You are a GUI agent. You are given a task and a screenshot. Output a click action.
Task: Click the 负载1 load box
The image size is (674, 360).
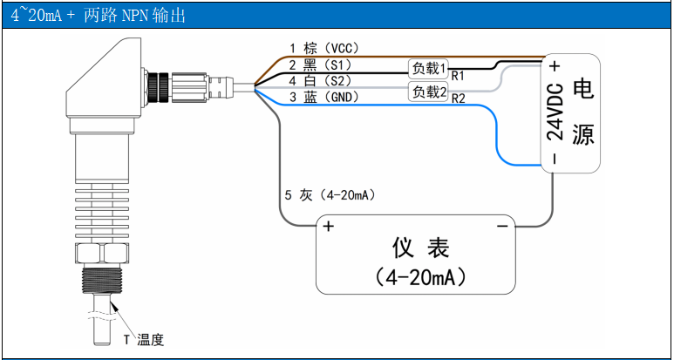429,68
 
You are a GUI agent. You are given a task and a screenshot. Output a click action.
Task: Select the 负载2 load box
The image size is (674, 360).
429,92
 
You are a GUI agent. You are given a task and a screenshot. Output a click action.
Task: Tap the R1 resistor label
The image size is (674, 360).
457,77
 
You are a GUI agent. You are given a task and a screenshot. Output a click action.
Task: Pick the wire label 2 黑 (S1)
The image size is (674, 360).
319,65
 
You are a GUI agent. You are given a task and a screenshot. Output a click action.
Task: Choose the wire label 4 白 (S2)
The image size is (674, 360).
319,81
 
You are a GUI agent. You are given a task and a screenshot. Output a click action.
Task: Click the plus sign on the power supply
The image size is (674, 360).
555,65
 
